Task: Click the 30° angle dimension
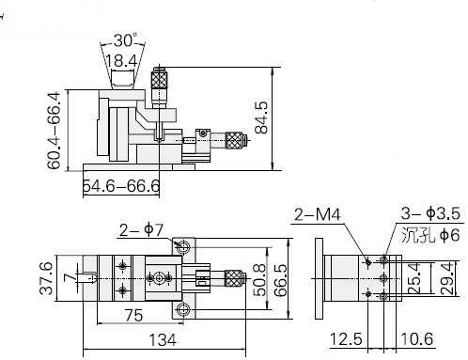coord(125,40)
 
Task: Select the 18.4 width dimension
coord(121,61)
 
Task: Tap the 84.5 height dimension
coord(262,117)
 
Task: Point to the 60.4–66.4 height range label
coord(54,131)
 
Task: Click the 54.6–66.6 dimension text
coord(121,186)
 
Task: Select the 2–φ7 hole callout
coord(141,230)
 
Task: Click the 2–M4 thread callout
coord(318,215)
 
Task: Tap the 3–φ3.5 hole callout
coord(430,213)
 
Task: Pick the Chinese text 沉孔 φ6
coord(430,235)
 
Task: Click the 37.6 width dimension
coord(46,278)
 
